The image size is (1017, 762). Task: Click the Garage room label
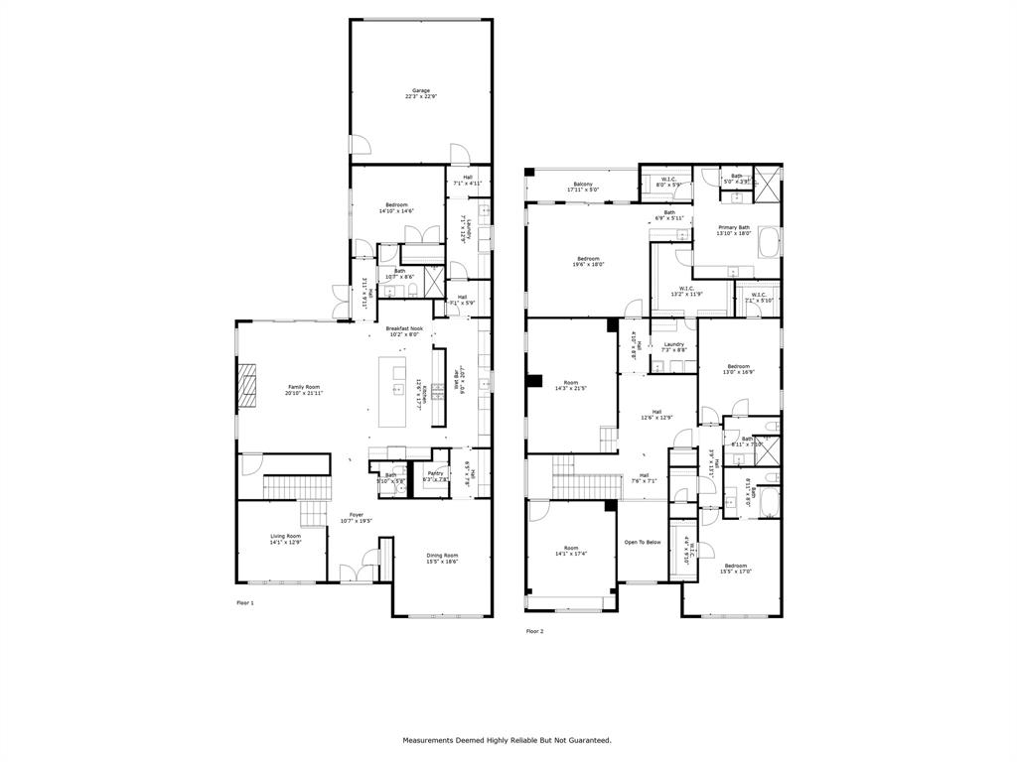[422, 90]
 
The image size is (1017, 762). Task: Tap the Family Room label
[304, 387]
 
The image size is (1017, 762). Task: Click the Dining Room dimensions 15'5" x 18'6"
[442, 562]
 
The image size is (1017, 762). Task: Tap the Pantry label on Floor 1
[435, 473]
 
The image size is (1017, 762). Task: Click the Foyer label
[356, 515]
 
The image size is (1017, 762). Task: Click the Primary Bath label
[735, 227]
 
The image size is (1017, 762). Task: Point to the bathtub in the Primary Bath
[770, 243]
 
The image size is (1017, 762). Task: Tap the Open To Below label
[643, 542]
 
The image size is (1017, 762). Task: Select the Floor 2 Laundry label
[673, 344]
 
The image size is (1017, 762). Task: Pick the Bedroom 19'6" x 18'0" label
[588, 259]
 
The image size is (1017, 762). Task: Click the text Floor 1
[245, 602]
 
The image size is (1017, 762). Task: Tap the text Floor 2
[534, 631]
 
